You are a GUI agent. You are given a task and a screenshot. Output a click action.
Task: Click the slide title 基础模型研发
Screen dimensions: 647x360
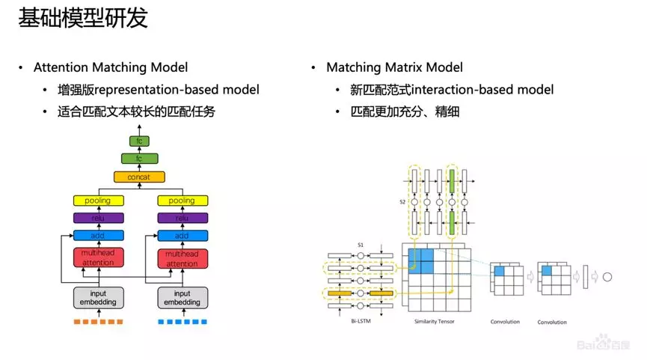click(x=83, y=18)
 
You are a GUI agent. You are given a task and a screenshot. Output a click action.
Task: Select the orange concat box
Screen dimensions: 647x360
click(x=139, y=177)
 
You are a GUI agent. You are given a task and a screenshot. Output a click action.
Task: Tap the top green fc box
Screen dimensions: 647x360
click(x=139, y=141)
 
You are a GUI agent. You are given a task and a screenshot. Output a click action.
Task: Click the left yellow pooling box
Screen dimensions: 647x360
click(x=99, y=201)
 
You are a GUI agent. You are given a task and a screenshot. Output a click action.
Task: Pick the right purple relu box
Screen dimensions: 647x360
click(x=183, y=218)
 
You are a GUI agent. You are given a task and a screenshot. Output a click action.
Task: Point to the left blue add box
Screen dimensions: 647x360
click(x=99, y=236)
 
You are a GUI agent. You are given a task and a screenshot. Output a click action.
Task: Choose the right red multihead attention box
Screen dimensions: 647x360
click(x=183, y=259)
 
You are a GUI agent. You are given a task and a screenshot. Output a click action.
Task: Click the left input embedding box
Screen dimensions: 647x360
click(x=99, y=298)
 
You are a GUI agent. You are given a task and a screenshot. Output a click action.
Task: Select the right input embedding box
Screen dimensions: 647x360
click(x=183, y=298)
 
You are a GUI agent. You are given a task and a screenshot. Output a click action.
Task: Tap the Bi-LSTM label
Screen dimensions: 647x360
click(x=361, y=321)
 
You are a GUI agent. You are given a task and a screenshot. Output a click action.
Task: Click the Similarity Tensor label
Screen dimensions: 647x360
click(x=435, y=321)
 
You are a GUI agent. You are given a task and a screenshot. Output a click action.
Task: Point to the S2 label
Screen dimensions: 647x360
click(x=402, y=202)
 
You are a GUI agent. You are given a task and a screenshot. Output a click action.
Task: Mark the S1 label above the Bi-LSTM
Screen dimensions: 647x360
click(x=361, y=245)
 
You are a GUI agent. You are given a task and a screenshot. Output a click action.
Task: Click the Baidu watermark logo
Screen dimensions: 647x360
click(x=604, y=343)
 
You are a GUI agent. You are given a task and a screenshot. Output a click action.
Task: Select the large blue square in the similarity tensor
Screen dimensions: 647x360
click(x=421, y=261)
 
